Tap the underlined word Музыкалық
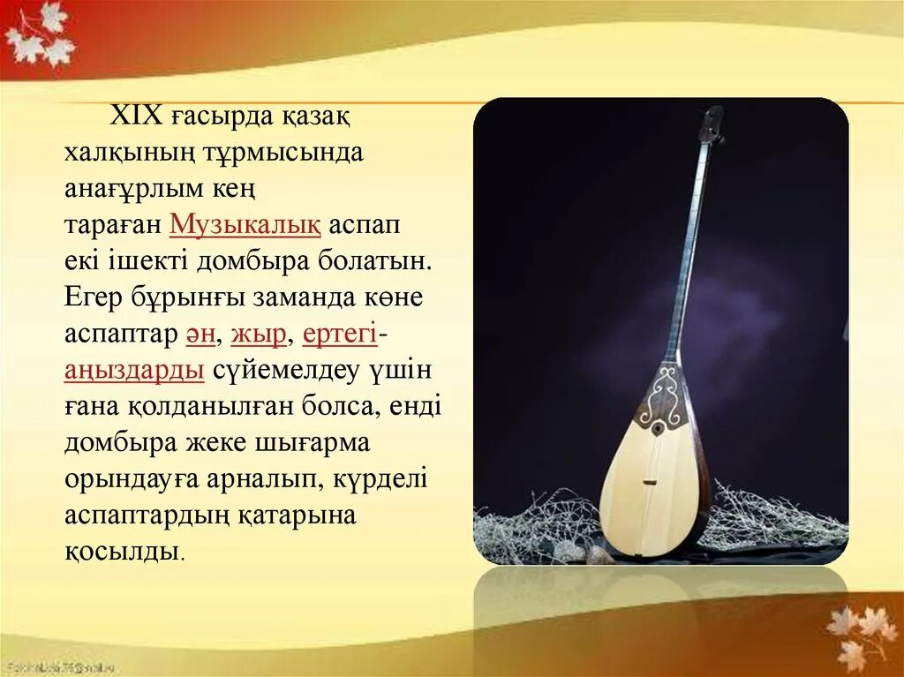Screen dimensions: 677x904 tap(245, 224)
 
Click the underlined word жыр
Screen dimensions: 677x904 tap(258, 335)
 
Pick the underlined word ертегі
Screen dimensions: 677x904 tap(340, 335)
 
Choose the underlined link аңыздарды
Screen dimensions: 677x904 tap(134, 371)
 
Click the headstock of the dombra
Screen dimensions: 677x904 tap(711, 124)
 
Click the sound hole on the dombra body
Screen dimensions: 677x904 tap(659, 428)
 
